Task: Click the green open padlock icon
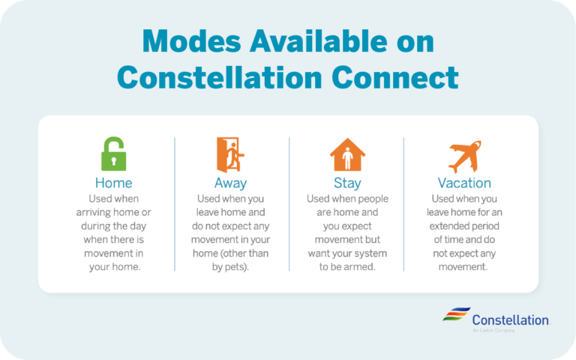coord(113,155)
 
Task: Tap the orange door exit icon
coord(229,155)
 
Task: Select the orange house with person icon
coord(347,155)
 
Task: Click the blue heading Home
coord(113,183)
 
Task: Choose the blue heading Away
coord(229,183)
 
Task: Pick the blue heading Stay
coord(347,183)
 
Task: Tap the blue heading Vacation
coord(464,183)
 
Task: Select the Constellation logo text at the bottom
coord(510,320)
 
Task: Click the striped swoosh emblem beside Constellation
coord(454,317)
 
